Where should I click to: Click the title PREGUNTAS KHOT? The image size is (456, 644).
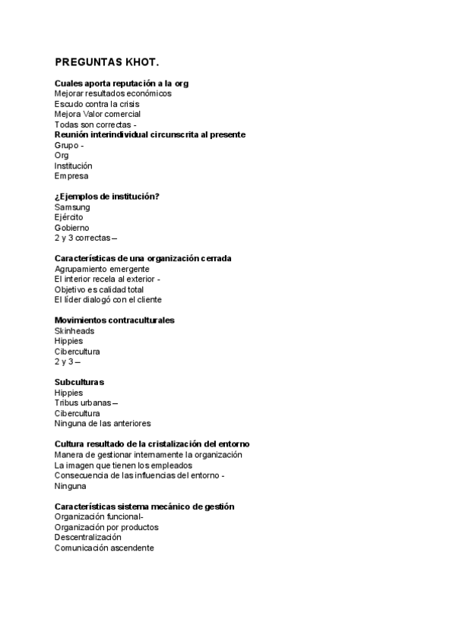coord(107,62)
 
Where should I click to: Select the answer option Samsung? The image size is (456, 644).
coord(72,207)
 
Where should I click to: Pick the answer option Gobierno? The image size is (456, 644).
coord(71,227)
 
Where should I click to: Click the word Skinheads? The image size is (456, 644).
coord(74,330)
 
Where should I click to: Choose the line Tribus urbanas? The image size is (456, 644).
coord(84,402)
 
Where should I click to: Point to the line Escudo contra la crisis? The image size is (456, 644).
coord(97,104)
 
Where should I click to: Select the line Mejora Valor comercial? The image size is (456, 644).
coord(97,114)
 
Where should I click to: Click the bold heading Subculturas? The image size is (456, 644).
coord(79,381)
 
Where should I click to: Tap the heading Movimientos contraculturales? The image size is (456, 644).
coord(114,320)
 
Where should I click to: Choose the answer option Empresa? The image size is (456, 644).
coord(71,175)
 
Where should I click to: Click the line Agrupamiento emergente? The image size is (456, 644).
coord(102,269)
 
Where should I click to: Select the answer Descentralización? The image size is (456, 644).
coord(87,537)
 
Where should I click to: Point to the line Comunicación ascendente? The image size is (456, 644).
coord(104,548)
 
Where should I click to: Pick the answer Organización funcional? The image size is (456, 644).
coord(103,516)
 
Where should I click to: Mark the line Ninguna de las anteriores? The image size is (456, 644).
coord(103,423)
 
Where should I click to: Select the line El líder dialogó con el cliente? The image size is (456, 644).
coord(108,299)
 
